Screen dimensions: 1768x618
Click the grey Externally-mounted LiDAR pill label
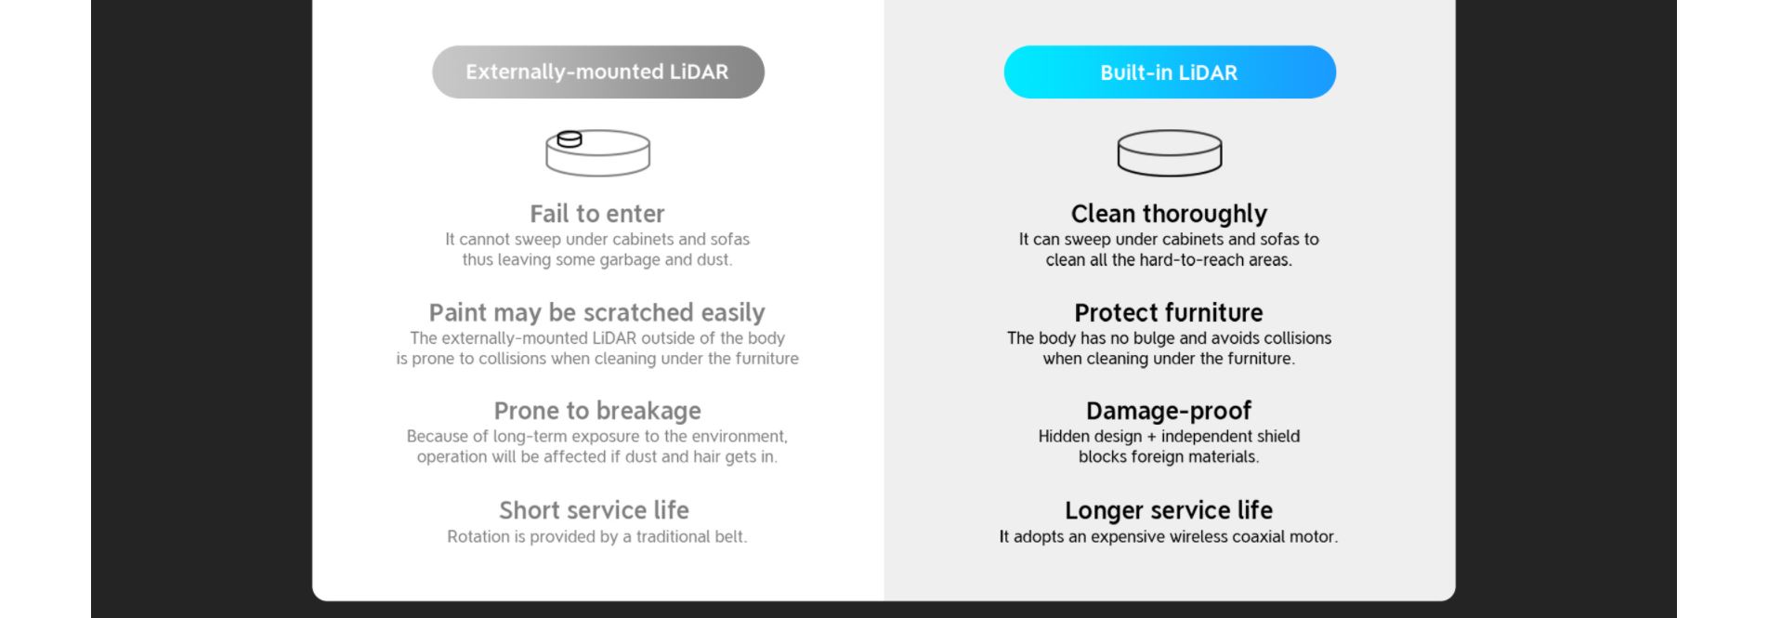click(597, 72)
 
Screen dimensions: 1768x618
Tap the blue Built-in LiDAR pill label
click(1170, 72)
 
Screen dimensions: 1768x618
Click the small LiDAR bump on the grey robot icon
click(570, 139)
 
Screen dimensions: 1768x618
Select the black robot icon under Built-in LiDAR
click(1170, 153)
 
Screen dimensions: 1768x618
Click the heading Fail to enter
click(597, 214)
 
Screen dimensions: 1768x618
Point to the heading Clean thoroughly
click(1169, 214)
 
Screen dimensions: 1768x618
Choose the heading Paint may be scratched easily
click(597, 312)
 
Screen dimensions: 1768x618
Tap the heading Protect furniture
click(1169, 312)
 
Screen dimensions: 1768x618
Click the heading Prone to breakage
click(597, 411)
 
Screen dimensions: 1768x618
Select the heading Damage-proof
click(1169, 411)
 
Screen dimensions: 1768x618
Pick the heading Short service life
click(595, 510)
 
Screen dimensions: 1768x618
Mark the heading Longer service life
click(1169, 510)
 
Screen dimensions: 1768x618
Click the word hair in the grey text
click(709, 456)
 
